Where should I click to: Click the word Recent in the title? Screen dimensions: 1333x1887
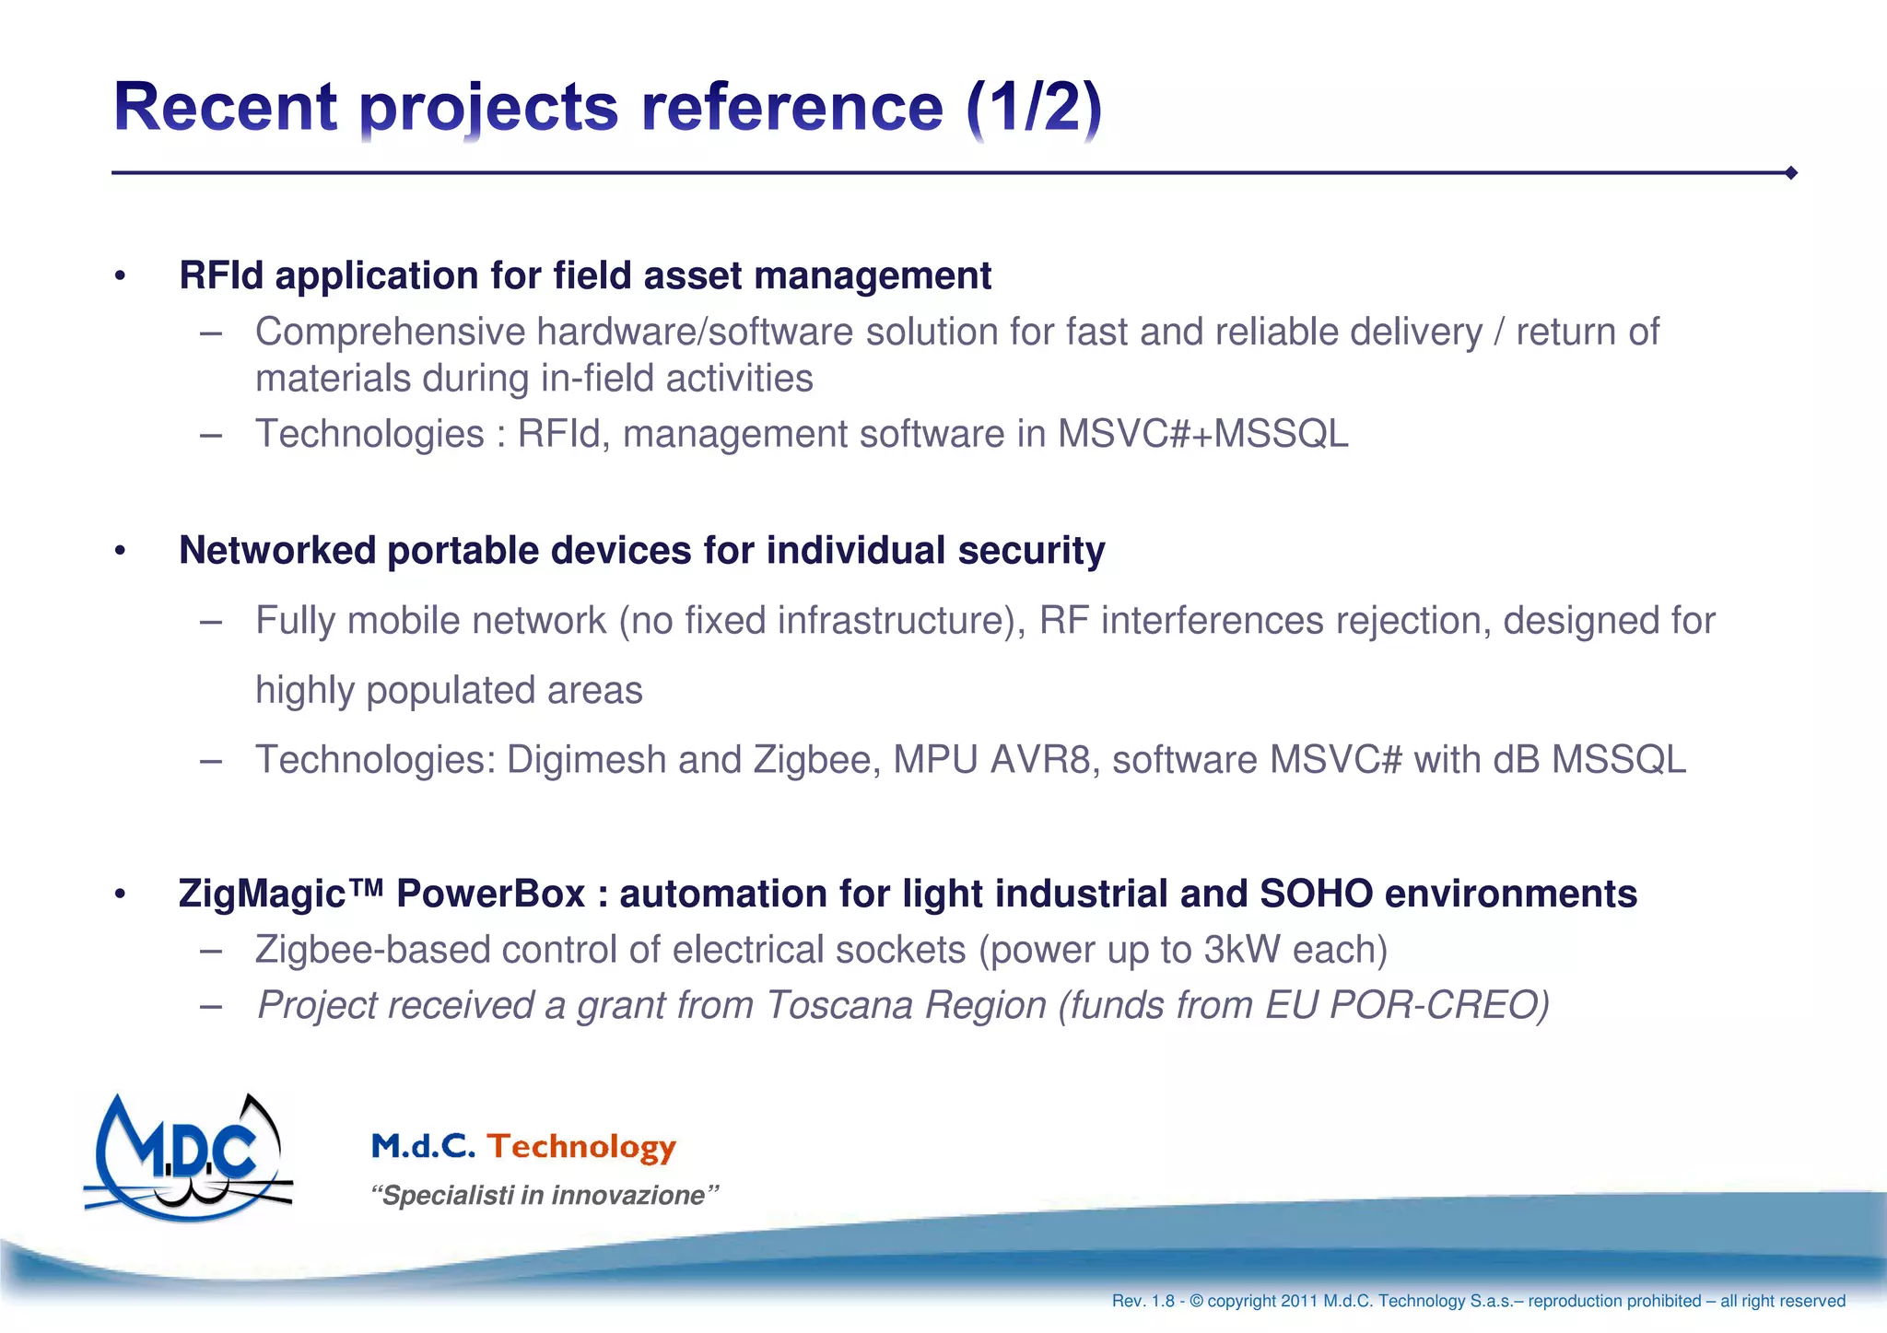click(226, 108)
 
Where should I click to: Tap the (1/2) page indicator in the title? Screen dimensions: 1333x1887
click(1034, 108)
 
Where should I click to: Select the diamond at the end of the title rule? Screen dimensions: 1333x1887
click(1790, 172)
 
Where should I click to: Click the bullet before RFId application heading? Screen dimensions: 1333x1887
click(120, 275)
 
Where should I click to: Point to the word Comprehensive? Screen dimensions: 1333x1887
click(391, 332)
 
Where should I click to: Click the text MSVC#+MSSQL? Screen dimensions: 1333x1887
click(1202, 433)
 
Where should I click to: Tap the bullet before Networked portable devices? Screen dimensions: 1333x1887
click(120, 551)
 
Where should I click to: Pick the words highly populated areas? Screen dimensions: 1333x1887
click(449, 690)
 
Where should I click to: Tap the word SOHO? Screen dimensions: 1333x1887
click(1316, 894)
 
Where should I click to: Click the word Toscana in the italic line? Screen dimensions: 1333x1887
click(839, 1005)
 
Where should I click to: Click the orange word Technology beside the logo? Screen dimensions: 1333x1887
click(581, 1147)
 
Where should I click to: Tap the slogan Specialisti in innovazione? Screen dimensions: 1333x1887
click(544, 1196)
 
